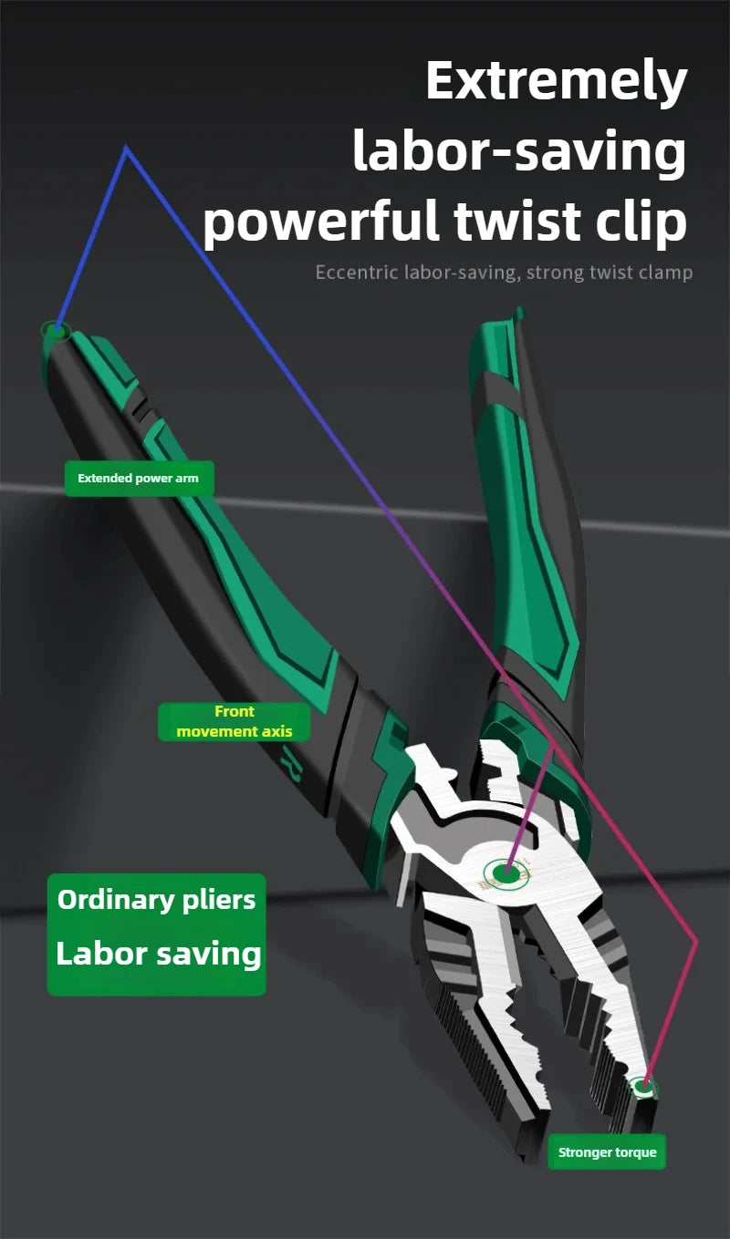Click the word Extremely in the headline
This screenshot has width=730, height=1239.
pos(556,83)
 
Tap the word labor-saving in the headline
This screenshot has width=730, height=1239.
pos(519,152)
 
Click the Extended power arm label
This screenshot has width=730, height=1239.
pos(138,478)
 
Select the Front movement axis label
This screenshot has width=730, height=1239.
pos(235,721)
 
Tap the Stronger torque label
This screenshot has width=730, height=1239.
pos(607,1152)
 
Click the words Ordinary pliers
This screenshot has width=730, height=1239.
pos(156,900)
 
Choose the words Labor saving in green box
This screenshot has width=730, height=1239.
pos(158,954)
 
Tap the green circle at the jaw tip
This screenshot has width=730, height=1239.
pos(645,1086)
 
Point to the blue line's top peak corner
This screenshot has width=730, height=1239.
pos(126,148)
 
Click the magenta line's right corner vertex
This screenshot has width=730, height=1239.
pos(696,941)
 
